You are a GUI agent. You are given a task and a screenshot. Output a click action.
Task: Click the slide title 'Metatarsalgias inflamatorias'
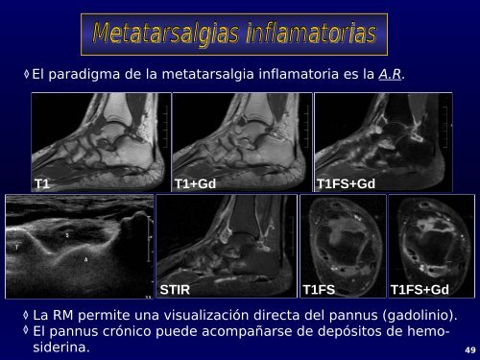[234, 36]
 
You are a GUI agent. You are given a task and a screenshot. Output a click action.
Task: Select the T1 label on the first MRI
[42, 182]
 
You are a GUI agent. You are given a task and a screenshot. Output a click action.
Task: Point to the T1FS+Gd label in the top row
[346, 182]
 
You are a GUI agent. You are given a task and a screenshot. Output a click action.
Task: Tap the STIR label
[177, 288]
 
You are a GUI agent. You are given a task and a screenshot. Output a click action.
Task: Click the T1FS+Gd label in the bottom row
[420, 288]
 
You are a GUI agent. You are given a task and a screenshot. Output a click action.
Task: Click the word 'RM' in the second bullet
[65, 315]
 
